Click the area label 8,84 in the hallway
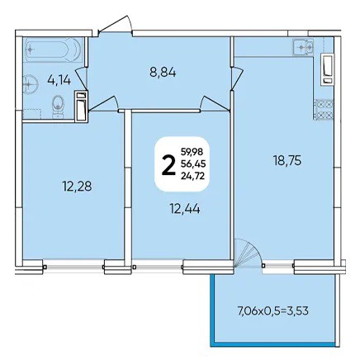tap(163, 73)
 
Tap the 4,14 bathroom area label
tap(59, 80)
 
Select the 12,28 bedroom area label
tap(77, 187)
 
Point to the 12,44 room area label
tap(185, 210)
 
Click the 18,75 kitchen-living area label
tap(287, 161)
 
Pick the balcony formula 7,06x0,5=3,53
tap(272, 311)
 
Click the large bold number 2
tap(168, 165)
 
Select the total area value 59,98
tap(192, 151)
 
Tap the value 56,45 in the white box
tap(193, 163)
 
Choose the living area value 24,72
tap(192, 176)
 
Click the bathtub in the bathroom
tap(53, 50)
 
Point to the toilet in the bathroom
tap(58, 106)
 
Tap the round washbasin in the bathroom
tap(31, 85)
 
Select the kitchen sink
tap(303, 47)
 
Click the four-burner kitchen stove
tap(324, 109)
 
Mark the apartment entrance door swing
tap(116, 25)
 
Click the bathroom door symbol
tap(82, 78)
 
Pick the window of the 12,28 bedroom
tap(74, 267)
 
